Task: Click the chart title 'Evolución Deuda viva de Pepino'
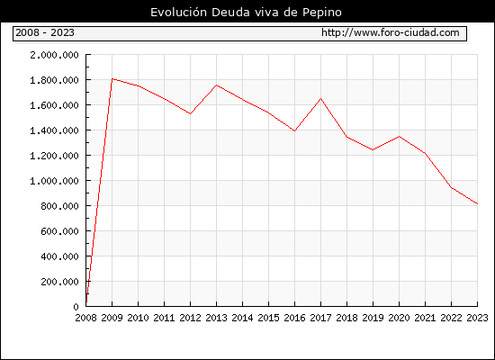[246, 13]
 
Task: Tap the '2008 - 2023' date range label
[45, 32]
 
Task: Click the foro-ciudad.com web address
[391, 32]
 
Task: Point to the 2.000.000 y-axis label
[54, 55]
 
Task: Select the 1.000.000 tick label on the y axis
[54, 181]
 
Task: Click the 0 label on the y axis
[76, 307]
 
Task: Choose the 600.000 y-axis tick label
[59, 231]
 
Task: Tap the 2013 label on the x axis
[216, 318]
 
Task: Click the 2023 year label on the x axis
[477, 318]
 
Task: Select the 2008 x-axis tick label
[85, 318]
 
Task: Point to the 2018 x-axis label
[346, 318]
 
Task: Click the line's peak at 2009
[112, 79]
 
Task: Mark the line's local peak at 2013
[216, 85]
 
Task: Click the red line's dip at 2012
[191, 113]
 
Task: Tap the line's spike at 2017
[320, 98]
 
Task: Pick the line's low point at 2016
[294, 130]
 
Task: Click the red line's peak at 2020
[399, 137]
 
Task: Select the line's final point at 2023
[477, 204]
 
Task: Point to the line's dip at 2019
[373, 149]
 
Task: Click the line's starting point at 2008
[86, 302]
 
